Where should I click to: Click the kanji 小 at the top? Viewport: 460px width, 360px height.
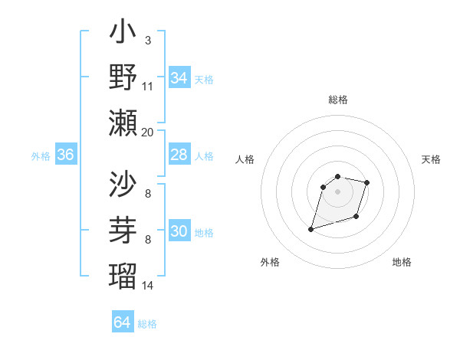point(123,34)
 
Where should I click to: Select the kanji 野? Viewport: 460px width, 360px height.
point(123,78)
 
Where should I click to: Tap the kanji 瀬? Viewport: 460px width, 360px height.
point(123,123)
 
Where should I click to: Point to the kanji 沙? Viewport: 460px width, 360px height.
point(123,184)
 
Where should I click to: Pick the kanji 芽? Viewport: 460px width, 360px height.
point(123,228)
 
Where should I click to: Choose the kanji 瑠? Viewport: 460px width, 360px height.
point(123,273)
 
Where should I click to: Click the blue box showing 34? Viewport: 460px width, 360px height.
point(179,78)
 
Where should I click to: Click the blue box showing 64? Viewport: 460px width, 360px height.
point(122,322)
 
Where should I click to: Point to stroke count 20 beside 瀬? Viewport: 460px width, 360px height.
point(147,132)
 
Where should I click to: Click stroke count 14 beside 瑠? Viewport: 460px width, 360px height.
point(147,285)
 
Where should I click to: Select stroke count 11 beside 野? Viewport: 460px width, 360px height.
point(147,86)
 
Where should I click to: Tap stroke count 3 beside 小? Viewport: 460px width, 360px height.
point(147,40)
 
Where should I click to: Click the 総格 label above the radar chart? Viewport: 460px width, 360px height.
point(337,100)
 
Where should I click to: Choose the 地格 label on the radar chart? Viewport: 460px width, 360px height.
point(402,263)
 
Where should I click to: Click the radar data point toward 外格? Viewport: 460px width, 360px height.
point(311,229)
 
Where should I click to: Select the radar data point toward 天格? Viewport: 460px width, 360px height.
point(367,182)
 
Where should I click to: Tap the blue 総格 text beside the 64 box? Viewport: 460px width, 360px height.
point(147,324)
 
